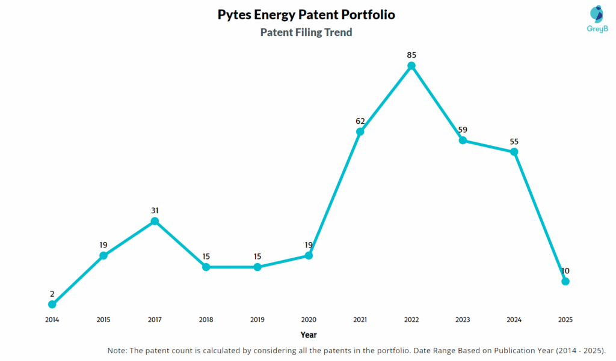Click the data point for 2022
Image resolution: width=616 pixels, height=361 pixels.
pos(411,66)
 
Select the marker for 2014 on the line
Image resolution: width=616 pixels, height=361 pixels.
pos(52,305)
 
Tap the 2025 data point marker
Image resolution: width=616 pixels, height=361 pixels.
pos(565,281)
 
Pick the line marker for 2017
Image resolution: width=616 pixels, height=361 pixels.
pos(155,221)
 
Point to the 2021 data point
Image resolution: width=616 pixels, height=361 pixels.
pos(360,132)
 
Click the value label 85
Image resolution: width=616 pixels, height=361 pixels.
pos(411,55)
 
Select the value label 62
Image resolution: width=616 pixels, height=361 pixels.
pos(360,121)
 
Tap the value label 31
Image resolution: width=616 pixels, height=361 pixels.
pos(155,210)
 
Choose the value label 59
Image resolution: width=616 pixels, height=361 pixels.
pos(463,129)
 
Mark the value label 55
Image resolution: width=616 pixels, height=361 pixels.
pos(514,141)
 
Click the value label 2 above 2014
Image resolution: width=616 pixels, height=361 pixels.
pos(52,294)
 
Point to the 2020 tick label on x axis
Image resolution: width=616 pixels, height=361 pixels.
pos(309,320)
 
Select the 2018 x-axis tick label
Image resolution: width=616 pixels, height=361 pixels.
pos(206,320)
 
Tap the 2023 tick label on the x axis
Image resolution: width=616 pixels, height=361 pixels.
pos(463,320)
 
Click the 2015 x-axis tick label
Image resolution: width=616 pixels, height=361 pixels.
pos(103,320)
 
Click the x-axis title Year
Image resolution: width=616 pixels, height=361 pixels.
pos(309,335)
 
